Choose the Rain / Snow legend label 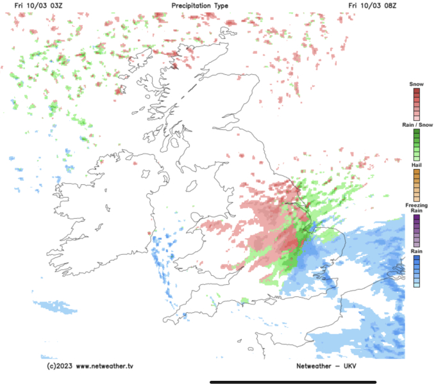[x=415, y=124]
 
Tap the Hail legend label [x=416, y=165]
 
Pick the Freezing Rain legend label [x=416, y=207]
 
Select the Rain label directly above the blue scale [x=416, y=252]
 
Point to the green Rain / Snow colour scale [x=416, y=144]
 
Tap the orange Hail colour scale [x=416, y=185]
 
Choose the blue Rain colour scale [x=416, y=272]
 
